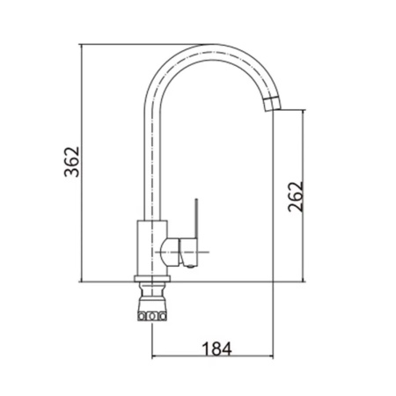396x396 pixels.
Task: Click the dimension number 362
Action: [x=71, y=162]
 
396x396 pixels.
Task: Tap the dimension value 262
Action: [x=295, y=196]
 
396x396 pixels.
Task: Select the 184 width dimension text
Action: [x=216, y=348]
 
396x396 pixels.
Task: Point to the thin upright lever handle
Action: [x=196, y=218]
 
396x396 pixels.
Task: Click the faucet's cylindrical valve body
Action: [x=152, y=248]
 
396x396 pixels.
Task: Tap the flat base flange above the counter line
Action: [x=152, y=278]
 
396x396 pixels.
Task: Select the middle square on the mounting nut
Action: [x=152, y=316]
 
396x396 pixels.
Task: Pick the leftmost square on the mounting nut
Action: [x=142, y=316]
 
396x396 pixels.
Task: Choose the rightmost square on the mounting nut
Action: [x=162, y=316]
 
